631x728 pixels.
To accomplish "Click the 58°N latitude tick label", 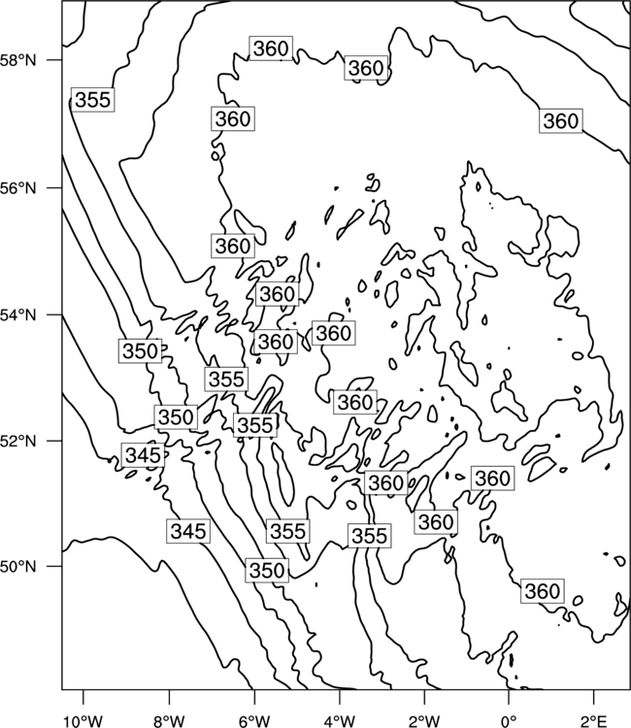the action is pyautogui.click(x=18, y=60).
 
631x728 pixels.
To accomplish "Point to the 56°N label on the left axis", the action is pyautogui.click(x=18, y=188).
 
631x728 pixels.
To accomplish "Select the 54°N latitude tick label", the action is pyautogui.click(x=18, y=315).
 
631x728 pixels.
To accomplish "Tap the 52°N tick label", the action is pyautogui.click(x=18, y=441).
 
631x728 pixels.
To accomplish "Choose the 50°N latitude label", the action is pyautogui.click(x=18, y=567).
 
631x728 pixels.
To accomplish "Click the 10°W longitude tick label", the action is pyautogui.click(x=83, y=721).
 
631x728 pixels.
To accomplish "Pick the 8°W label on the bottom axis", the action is pyautogui.click(x=169, y=721).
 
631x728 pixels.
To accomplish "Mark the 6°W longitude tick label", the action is pyautogui.click(x=254, y=721).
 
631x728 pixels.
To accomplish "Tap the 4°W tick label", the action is pyautogui.click(x=340, y=721).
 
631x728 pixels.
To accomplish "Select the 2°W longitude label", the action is pyautogui.click(x=424, y=721).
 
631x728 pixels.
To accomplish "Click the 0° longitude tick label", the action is pyautogui.click(x=510, y=721).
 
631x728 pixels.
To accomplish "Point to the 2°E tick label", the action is pyautogui.click(x=594, y=721).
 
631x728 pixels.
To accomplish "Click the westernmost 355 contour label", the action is pyautogui.click(x=93, y=99).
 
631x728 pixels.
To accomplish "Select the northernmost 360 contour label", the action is pyautogui.click(x=271, y=48).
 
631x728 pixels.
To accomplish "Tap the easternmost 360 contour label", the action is pyautogui.click(x=561, y=121).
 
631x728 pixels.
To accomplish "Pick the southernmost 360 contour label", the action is pyautogui.click(x=543, y=591).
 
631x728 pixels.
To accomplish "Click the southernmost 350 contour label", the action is pyautogui.click(x=267, y=570).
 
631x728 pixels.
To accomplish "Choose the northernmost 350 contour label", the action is pyautogui.click(x=140, y=351).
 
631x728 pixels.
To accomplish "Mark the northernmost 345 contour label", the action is pyautogui.click(x=143, y=455).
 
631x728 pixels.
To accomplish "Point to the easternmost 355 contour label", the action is pyautogui.click(x=370, y=535).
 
